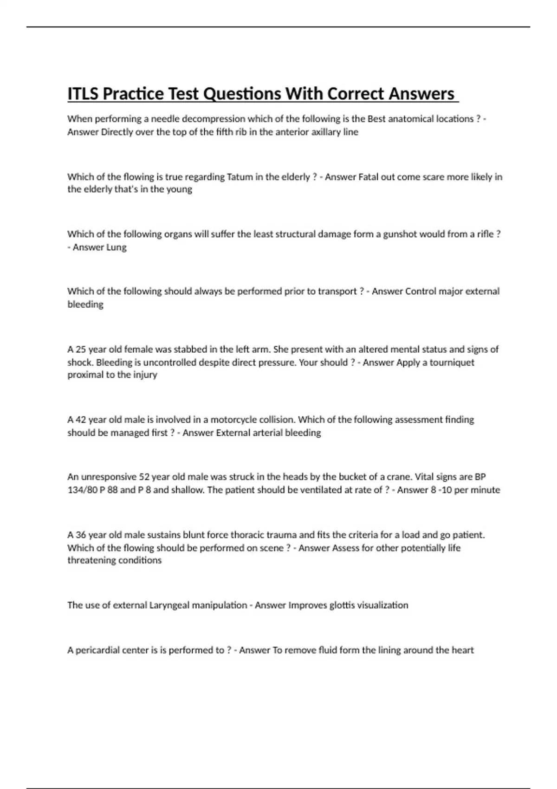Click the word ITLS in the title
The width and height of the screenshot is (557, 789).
(83, 94)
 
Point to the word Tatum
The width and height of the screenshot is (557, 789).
(239, 177)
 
